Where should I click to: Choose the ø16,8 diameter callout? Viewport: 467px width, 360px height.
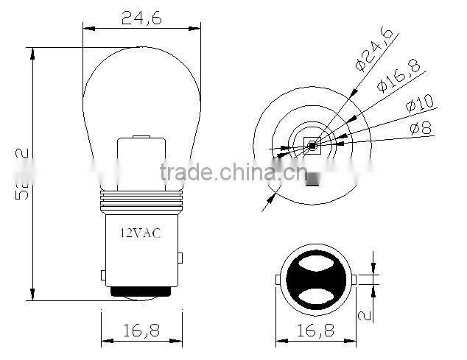click(398, 75)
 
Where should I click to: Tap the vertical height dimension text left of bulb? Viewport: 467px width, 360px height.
click(22, 173)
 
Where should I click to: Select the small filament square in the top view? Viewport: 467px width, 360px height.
click(312, 145)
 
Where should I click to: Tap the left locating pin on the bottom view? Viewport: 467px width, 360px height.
click(277, 280)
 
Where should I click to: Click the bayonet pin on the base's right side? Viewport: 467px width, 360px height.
click(180, 258)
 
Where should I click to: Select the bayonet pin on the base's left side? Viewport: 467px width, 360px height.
click(103, 275)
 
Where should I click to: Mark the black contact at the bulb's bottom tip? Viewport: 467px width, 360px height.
click(141, 293)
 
